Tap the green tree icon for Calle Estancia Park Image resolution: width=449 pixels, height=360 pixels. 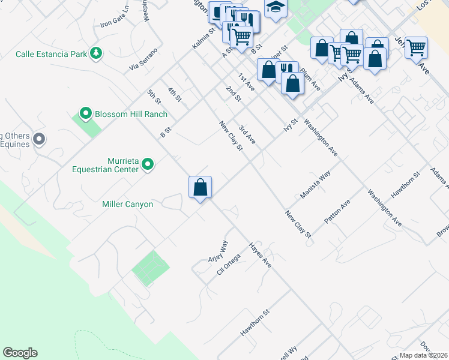coord(95,53)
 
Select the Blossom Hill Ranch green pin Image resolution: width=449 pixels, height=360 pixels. coord(85,113)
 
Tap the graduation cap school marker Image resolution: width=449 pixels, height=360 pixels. coord(276,8)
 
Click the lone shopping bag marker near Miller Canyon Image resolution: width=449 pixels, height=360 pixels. coord(200,187)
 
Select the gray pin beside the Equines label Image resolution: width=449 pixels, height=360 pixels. coord(40,140)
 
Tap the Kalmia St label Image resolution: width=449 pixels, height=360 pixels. coord(203,38)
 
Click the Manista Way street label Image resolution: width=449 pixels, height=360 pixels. coord(316,185)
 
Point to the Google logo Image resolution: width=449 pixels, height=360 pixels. coord(20,353)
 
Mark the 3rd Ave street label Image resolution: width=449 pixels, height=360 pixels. coord(247,135)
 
